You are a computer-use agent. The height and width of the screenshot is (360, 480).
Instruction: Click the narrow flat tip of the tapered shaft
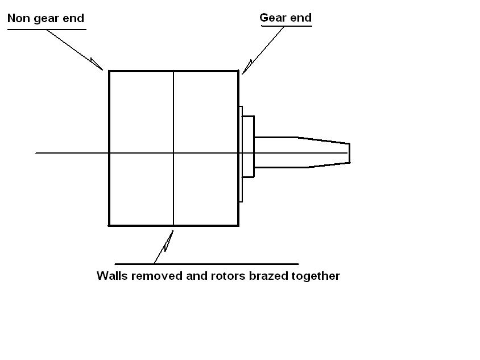(x=349, y=153)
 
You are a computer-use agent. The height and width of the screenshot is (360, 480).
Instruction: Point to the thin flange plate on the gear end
(x=241, y=154)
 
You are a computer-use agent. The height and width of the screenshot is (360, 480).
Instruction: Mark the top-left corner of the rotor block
(x=109, y=71)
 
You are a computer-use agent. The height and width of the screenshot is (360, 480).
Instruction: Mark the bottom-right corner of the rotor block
(x=238, y=225)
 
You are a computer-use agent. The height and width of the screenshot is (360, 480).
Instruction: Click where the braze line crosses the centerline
(x=173, y=153)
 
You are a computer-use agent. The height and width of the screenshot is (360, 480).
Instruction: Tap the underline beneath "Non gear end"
(x=45, y=29)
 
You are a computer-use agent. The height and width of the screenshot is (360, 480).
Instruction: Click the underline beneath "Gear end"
(x=285, y=26)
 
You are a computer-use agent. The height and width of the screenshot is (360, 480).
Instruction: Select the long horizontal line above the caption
(x=206, y=264)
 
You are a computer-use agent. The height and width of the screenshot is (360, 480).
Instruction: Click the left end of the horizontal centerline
(x=36, y=153)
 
